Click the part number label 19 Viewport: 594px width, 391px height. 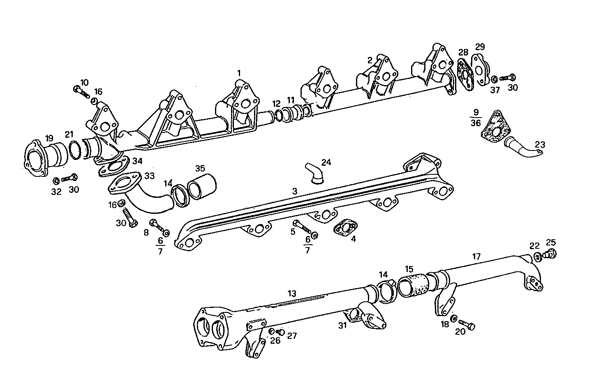coord(49,138)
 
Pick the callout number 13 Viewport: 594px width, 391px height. coord(291,293)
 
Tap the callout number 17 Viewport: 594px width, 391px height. coord(476,256)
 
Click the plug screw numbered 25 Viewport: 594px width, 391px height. coord(550,254)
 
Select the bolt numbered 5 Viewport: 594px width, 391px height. coord(303,227)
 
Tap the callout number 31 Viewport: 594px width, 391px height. coord(343,325)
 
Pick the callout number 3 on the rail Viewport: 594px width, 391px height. coord(294,191)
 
